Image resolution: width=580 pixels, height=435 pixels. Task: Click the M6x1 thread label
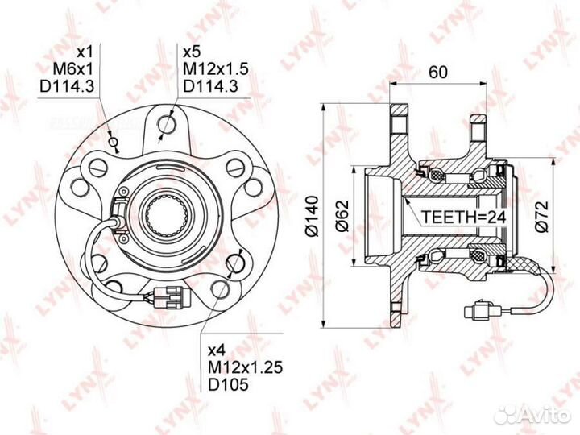pyautogui.click(x=73, y=68)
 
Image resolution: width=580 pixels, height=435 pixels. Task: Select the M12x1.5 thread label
pyautogui.click(x=216, y=68)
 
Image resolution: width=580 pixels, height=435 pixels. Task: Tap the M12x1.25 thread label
pyautogui.click(x=245, y=367)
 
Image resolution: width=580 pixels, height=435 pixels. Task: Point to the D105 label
pyautogui.click(x=228, y=385)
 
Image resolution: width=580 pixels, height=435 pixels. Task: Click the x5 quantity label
pyautogui.click(x=192, y=52)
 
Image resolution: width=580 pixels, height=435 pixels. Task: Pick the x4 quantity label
pyautogui.click(x=217, y=350)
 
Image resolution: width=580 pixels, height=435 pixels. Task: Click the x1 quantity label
pyautogui.click(x=86, y=52)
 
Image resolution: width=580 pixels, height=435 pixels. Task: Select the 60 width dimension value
pyautogui.click(x=438, y=72)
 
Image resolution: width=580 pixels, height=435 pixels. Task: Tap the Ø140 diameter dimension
pyautogui.click(x=313, y=216)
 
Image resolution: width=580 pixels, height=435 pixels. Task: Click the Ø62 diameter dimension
pyautogui.click(x=342, y=216)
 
